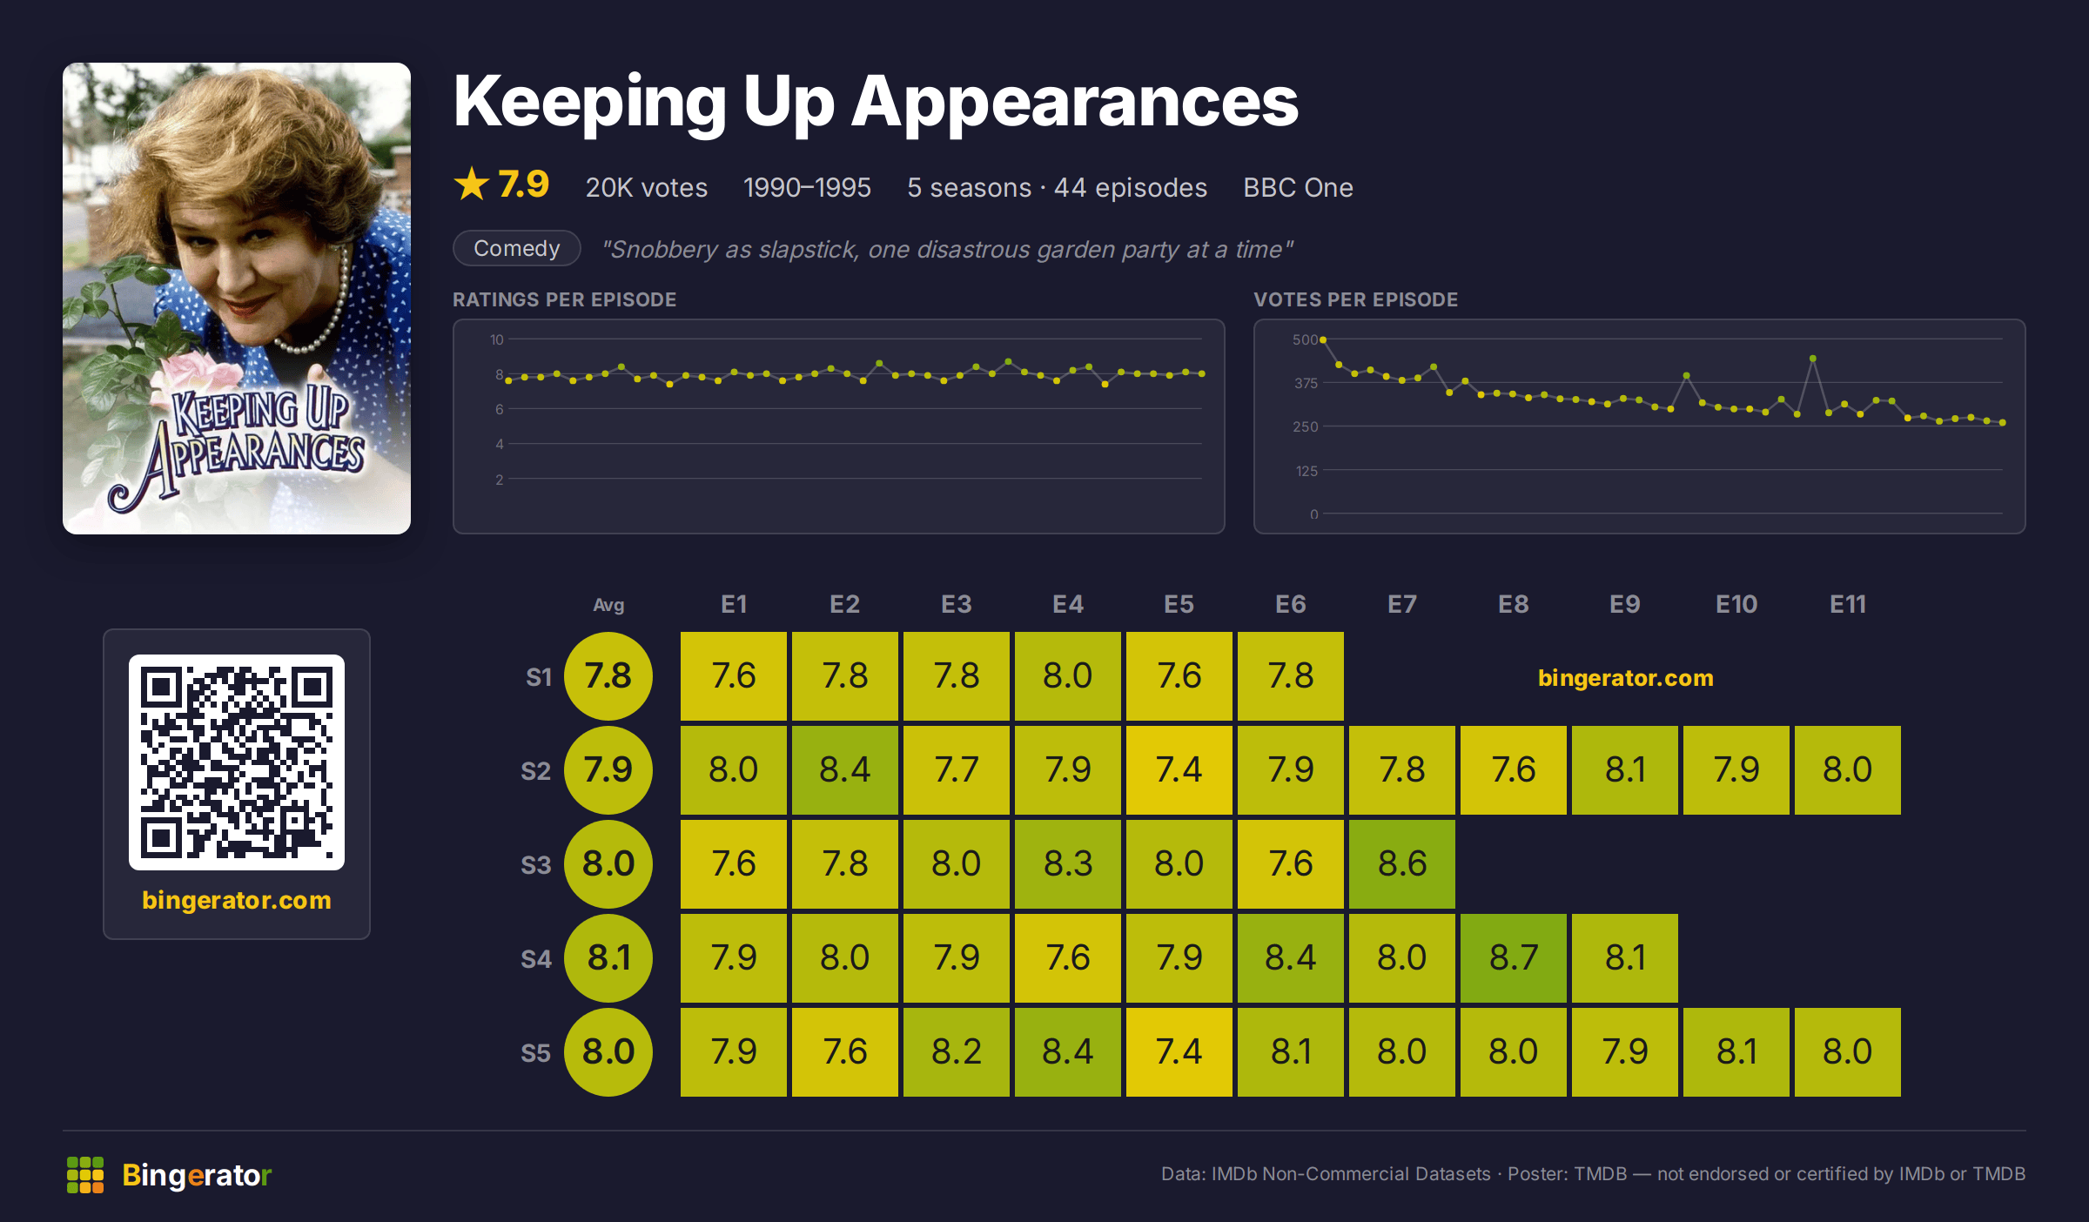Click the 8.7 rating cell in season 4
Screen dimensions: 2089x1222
[1514, 957]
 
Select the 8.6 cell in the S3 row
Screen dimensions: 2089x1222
[1402, 863]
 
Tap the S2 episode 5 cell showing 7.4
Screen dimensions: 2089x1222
[1179, 769]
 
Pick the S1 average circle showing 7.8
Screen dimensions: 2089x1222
[608, 676]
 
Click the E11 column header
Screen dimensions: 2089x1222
[1848, 604]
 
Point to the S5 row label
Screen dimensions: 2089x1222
[536, 1053]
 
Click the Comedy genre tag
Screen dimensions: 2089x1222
[517, 248]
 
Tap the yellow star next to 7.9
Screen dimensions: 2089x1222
[472, 184]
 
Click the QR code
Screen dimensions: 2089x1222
[237, 762]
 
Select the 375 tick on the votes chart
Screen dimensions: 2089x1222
[1306, 383]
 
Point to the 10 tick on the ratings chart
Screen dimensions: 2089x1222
[497, 339]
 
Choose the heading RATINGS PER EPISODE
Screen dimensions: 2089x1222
[565, 299]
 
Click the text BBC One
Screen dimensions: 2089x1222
[1298, 187]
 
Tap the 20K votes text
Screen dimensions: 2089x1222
[647, 187]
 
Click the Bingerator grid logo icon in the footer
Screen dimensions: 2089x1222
[85, 1175]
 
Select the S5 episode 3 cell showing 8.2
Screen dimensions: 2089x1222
[957, 1051]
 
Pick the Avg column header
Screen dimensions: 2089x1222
[608, 605]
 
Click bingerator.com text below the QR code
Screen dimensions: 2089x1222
[237, 900]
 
